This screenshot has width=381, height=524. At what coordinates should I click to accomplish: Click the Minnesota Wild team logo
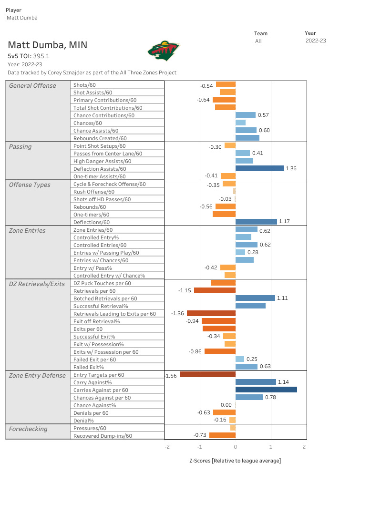tap(164, 50)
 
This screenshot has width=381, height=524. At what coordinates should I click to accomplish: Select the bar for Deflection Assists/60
tap(259, 168)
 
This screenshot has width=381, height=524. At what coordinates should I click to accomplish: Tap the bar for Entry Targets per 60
tap(207, 374)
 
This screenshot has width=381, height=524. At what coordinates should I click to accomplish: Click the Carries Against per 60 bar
tap(266, 390)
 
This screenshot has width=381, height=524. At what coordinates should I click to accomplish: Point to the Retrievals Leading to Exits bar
tap(211, 313)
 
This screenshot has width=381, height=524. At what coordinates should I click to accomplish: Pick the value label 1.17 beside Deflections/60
tap(284, 222)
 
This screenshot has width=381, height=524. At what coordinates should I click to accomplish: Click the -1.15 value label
tap(185, 290)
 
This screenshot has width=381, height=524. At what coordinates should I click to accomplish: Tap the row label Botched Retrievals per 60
tap(105, 298)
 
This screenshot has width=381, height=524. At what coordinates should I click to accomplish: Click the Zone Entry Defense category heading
tap(37, 375)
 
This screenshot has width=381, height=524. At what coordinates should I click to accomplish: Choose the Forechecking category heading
tap(28, 429)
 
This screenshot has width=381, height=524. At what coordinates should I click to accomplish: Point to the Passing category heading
tap(20, 146)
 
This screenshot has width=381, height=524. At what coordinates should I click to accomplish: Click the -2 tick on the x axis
tap(167, 447)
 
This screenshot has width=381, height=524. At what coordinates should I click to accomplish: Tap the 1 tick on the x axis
tap(271, 447)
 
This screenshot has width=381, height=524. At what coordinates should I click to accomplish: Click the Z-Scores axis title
tap(235, 461)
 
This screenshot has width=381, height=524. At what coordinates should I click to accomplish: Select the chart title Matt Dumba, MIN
tap(47, 45)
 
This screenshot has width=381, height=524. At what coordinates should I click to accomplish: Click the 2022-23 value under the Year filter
tap(316, 41)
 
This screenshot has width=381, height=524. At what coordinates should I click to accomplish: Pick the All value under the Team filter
tap(258, 41)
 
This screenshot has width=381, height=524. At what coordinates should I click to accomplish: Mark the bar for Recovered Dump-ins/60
tap(222, 435)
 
